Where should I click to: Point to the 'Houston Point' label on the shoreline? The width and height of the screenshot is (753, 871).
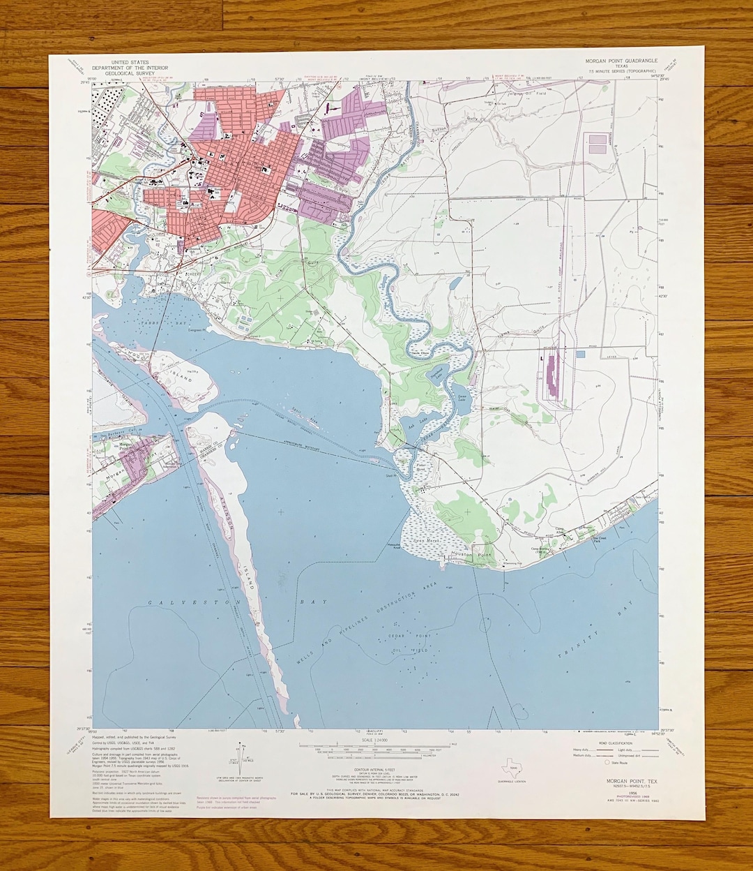click(471, 554)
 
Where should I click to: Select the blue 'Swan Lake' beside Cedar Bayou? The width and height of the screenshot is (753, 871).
click(462, 396)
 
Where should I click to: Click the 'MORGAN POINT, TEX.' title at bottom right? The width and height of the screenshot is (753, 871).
click(623, 781)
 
